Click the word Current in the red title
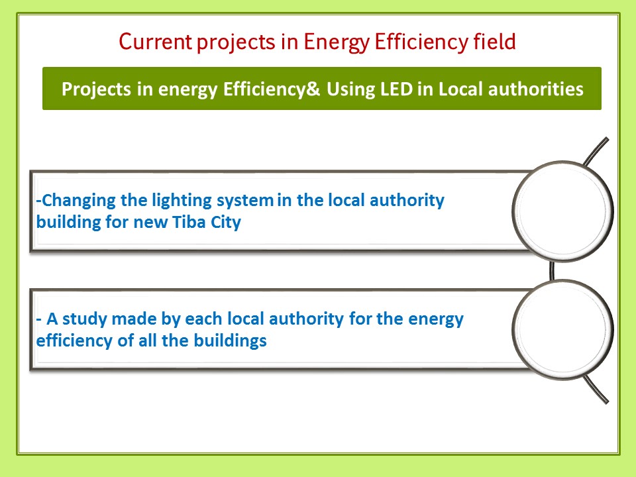[155, 41]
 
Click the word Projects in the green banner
[96, 89]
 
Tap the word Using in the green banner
[351, 90]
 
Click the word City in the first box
[225, 223]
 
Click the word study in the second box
[84, 319]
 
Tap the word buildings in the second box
[230, 341]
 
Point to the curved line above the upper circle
[596, 151]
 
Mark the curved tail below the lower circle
[596, 390]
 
